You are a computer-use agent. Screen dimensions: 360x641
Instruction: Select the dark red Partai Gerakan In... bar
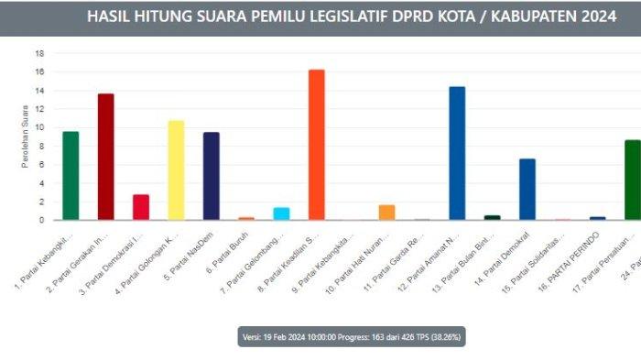coord(105,157)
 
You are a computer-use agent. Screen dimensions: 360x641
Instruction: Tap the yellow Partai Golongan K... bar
coord(176,170)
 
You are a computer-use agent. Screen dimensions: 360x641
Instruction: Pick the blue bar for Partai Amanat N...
coord(457,153)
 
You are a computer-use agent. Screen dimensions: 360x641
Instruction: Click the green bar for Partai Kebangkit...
coord(71,176)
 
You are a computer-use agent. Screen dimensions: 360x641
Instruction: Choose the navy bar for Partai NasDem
coord(211,176)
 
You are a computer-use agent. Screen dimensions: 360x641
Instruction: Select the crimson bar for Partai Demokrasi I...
coord(141,207)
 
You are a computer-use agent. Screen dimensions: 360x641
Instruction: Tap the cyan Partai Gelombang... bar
coord(281,213)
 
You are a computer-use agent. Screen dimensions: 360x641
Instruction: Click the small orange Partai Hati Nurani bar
coord(386,213)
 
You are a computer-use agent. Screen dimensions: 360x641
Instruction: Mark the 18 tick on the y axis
coord(39,53)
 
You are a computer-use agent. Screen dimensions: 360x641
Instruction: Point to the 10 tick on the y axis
coord(39,127)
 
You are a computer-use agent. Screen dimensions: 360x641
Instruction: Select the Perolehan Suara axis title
coord(25,137)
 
